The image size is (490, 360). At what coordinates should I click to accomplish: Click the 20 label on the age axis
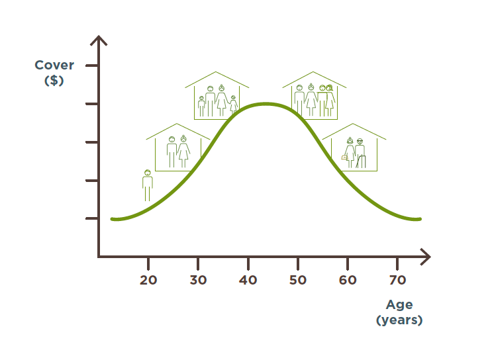pyautogui.click(x=148, y=280)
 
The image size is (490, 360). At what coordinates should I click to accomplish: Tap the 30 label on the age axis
pyautogui.click(x=198, y=280)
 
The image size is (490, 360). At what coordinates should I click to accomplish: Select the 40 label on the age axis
pyautogui.click(x=248, y=280)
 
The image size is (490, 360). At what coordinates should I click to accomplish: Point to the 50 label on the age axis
pyautogui.click(x=298, y=280)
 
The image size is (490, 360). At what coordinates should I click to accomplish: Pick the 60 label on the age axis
pyautogui.click(x=348, y=280)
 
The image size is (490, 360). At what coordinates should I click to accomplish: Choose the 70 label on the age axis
pyautogui.click(x=397, y=280)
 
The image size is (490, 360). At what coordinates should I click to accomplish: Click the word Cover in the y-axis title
pyautogui.click(x=54, y=66)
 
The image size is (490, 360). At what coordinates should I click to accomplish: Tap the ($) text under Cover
pyautogui.click(x=54, y=81)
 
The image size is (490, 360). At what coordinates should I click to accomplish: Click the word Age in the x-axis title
pyautogui.click(x=399, y=304)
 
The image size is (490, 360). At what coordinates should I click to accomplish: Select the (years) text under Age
pyautogui.click(x=399, y=320)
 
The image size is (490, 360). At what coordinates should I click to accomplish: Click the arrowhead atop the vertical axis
pyautogui.click(x=99, y=40)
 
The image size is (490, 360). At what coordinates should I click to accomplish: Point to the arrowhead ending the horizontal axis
pyautogui.click(x=426, y=257)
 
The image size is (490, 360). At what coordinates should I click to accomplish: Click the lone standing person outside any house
pyautogui.click(x=148, y=185)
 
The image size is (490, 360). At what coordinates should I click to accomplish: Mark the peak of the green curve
pyautogui.click(x=266, y=105)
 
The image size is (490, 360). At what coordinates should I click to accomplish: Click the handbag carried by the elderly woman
pyautogui.click(x=344, y=157)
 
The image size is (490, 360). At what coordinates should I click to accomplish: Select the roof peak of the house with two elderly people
pyautogui.click(x=353, y=124)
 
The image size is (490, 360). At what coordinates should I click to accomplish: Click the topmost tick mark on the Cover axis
pyautogui.click(x=91, y=66)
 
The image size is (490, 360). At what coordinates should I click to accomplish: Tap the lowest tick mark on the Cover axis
pyautogui.click(x=91, y=218)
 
